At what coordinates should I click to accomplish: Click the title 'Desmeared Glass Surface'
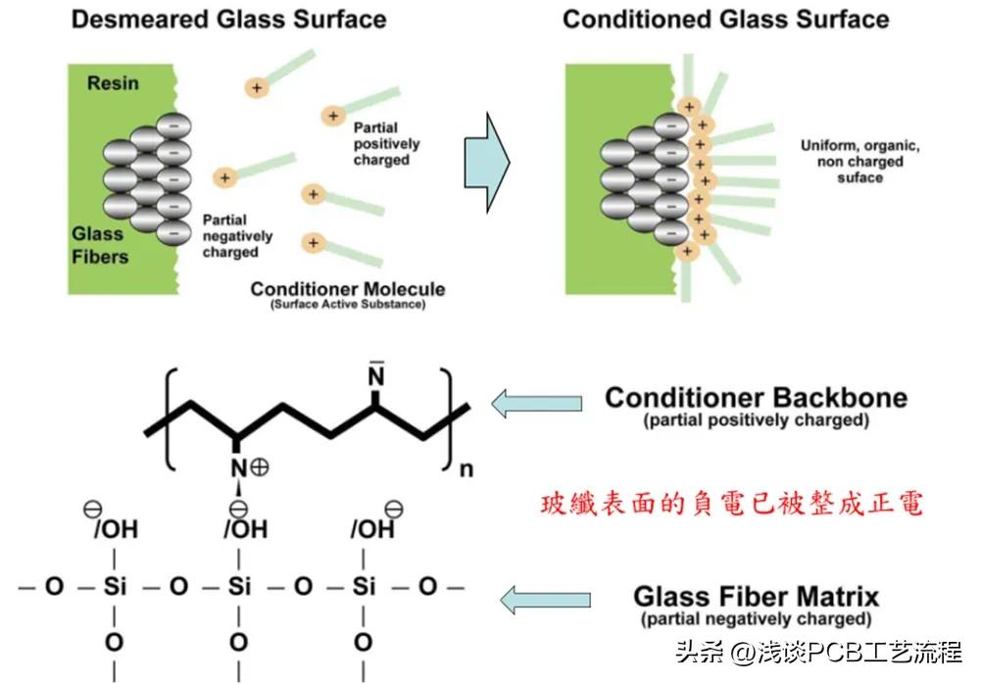coord(228,19)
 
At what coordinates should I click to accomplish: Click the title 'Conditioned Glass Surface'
coord(726,19)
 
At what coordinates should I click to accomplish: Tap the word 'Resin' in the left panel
coord(113,83)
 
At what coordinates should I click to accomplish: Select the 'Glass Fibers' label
coord(99,245)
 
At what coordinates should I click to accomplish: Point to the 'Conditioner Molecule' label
coord(348,289)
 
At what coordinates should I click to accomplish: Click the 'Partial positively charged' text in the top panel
coord(386,144)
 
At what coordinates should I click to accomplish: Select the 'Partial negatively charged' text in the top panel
coord(237,236)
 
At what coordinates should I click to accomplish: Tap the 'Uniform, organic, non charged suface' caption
coord(859,162)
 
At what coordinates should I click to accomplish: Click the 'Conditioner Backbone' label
coord(756,398)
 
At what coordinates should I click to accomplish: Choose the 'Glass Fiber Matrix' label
coord(756,596)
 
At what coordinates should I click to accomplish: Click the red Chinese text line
coord(732,505)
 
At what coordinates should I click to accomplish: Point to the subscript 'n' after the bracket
coord(466,468)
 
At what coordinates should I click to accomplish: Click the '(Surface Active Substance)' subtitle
coord(348,306)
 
